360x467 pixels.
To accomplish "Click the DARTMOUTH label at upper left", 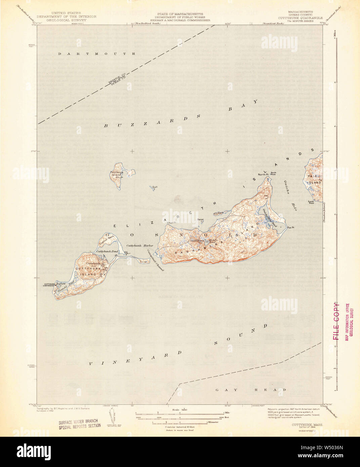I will [x=96, y=54].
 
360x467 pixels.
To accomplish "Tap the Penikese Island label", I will [x=116, y=173].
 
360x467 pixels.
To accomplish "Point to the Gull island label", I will [x=155, y=187].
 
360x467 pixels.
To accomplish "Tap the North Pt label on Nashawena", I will [x=263, y=175].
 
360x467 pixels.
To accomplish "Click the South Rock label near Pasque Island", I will [x=311, y=202].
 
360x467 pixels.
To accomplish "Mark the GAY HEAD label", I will [x=250, y=390].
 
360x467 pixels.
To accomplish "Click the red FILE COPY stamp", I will [x=336, y=322].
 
